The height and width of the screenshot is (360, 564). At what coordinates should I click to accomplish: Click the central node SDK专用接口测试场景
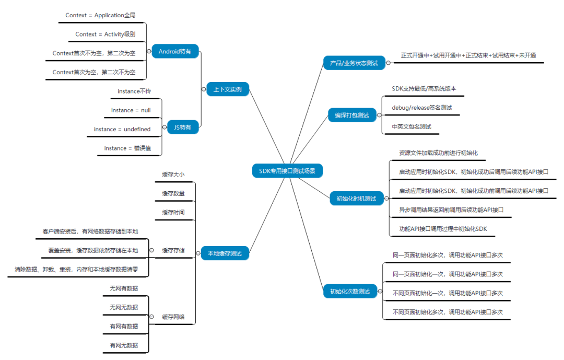(x=287, y=170)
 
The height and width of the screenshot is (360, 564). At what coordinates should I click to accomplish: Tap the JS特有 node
(x=183, y=126)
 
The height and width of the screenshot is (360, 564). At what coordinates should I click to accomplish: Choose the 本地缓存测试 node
(x=225, y=254)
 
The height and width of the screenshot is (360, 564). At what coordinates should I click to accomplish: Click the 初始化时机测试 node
(x=356, y=199)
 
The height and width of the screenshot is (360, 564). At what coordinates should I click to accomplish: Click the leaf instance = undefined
(x=122, y=129)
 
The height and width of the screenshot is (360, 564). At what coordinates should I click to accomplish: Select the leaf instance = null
(x=131, y=110)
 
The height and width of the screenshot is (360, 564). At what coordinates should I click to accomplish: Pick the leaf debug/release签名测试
(x=421, y=108)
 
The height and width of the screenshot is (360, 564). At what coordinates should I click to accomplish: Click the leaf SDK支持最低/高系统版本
(x=424, y=89)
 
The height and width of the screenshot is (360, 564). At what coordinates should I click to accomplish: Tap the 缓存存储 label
(x=173, y=250)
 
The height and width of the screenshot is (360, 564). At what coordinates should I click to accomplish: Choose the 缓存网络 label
(x=173, y=317)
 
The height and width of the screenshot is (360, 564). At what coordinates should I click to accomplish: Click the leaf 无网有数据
(x=124, y=288)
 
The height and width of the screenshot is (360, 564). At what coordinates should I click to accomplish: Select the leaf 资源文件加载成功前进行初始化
(x=438, y=153)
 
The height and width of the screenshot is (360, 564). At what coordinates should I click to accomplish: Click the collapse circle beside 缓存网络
(x=151, y=317)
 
